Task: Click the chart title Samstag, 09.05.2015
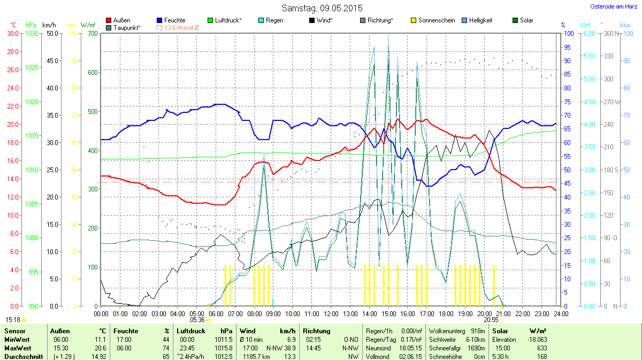pyautogui.click(x=322, y=8)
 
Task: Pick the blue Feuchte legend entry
pyautogui.click(x=171, y=20)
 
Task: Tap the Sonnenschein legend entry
pyautogui.click(x=433, y=20)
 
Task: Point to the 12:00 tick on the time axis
pyautogui.click(x=331, y=313)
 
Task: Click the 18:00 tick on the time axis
pyautogui.click(x=446, y=313)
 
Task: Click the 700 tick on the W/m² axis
pyautogui.click(x=93, y=33)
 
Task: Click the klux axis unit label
pyautogui.click(x=625, y=25)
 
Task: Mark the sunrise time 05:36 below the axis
pyautogui.click(x=197, y=320)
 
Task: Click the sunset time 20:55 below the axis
pyautogui.click(x=491, y=320)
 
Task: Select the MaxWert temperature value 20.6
pyautogui.click(x=100, y=348)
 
